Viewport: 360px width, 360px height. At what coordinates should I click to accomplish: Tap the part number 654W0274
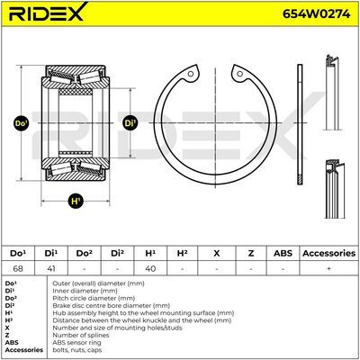coord(316,13)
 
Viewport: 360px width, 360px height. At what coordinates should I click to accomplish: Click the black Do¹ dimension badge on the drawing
coord(22,123)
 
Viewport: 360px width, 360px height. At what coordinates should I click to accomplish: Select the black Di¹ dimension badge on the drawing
coord(130,123)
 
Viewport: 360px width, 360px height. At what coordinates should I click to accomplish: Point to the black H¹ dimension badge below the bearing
coord(76,201)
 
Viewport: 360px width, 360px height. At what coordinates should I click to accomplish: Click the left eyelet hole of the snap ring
coord(190,74)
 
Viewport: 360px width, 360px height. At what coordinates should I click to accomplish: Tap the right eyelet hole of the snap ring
coord(239,74)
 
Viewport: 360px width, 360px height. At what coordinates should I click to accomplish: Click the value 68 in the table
coord(18,268)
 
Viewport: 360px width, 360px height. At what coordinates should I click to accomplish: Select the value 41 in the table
coord(51,268)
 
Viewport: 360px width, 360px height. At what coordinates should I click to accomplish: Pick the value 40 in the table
coord(150,268)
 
